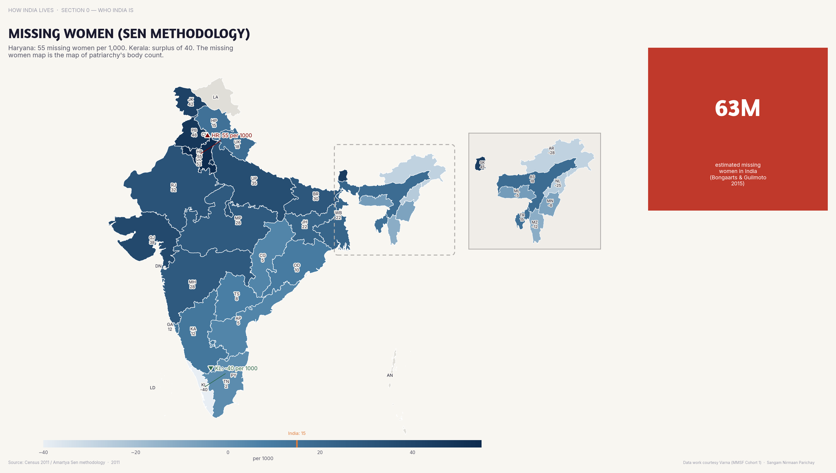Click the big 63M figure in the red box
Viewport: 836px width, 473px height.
pyautogui.click(x=737, y=108)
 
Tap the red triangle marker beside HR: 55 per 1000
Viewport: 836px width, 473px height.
pyautogui.click(x=207, y=135)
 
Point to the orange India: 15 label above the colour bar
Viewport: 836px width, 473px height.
pyautogui.click(x=297, y=433)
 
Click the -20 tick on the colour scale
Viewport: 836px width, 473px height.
pyautogui.click(x=135, y=452)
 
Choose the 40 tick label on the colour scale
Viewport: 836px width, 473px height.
pyautogui.click(x=412, y=452)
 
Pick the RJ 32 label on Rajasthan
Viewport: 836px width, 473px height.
pyautogui.click(x=174, y=188)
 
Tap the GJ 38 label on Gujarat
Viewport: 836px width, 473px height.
pyautogui.click(x=152, y=240)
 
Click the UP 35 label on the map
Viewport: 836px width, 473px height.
pyautogui.click(x=254, y=181)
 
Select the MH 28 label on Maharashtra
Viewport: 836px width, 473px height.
pyautogui.click(x=192, y=284)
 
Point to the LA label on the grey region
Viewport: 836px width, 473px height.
pyautogui.click(x=216, y=97)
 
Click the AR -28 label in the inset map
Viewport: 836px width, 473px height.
pyautogui.click(x=551, y=151)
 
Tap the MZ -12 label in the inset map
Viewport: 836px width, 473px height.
pyautogui.click(x=534, y=225)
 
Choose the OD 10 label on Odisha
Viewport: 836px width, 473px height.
pyautogui.click(x=297, y=268)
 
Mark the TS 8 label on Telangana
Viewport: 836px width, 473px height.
pyautogui.click(x=237, y=296)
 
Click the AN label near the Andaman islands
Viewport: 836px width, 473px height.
pyautogui.click(x=390, y=375)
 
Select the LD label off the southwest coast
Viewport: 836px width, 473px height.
pyautogui.click(x=153, y=387)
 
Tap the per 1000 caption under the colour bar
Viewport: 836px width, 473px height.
pyautogui.click(x=263, y=458)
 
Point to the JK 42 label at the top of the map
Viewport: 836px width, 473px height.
pyautogui.click(x=191, y=102)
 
